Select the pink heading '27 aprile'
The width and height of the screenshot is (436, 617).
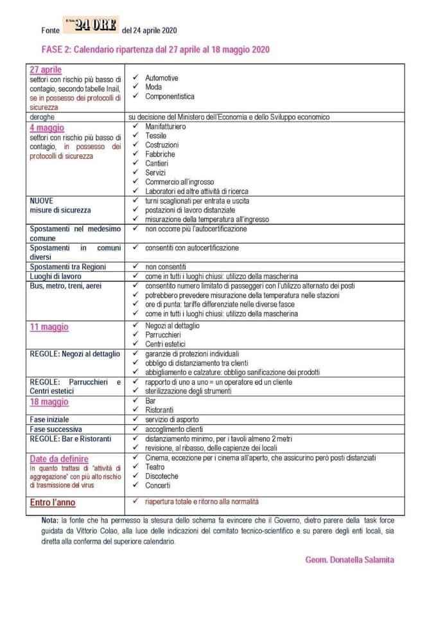point(46,69)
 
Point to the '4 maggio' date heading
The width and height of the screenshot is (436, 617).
point(47,127)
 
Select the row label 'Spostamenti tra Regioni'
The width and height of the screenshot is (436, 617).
point(67,266)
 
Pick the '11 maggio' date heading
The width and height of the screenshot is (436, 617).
point(49,327)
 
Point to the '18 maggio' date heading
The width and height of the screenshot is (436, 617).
point(49,402)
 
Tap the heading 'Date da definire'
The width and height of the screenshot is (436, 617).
point(61,459)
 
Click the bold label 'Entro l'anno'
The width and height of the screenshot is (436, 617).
point(57,502)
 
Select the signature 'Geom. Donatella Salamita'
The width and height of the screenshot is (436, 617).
point(350,560)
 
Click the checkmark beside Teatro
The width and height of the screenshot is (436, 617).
point(135,467)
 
